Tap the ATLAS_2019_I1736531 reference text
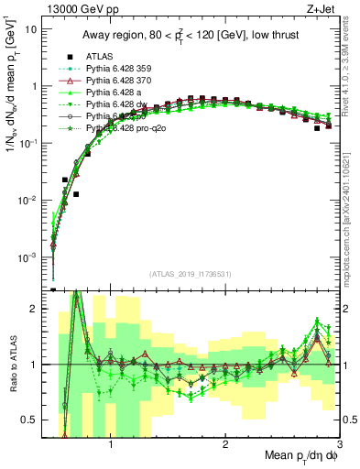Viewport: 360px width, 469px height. point(191,274)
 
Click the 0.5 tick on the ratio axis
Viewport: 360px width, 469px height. point(32,420)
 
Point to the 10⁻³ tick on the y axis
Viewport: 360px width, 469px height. point(27,257)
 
